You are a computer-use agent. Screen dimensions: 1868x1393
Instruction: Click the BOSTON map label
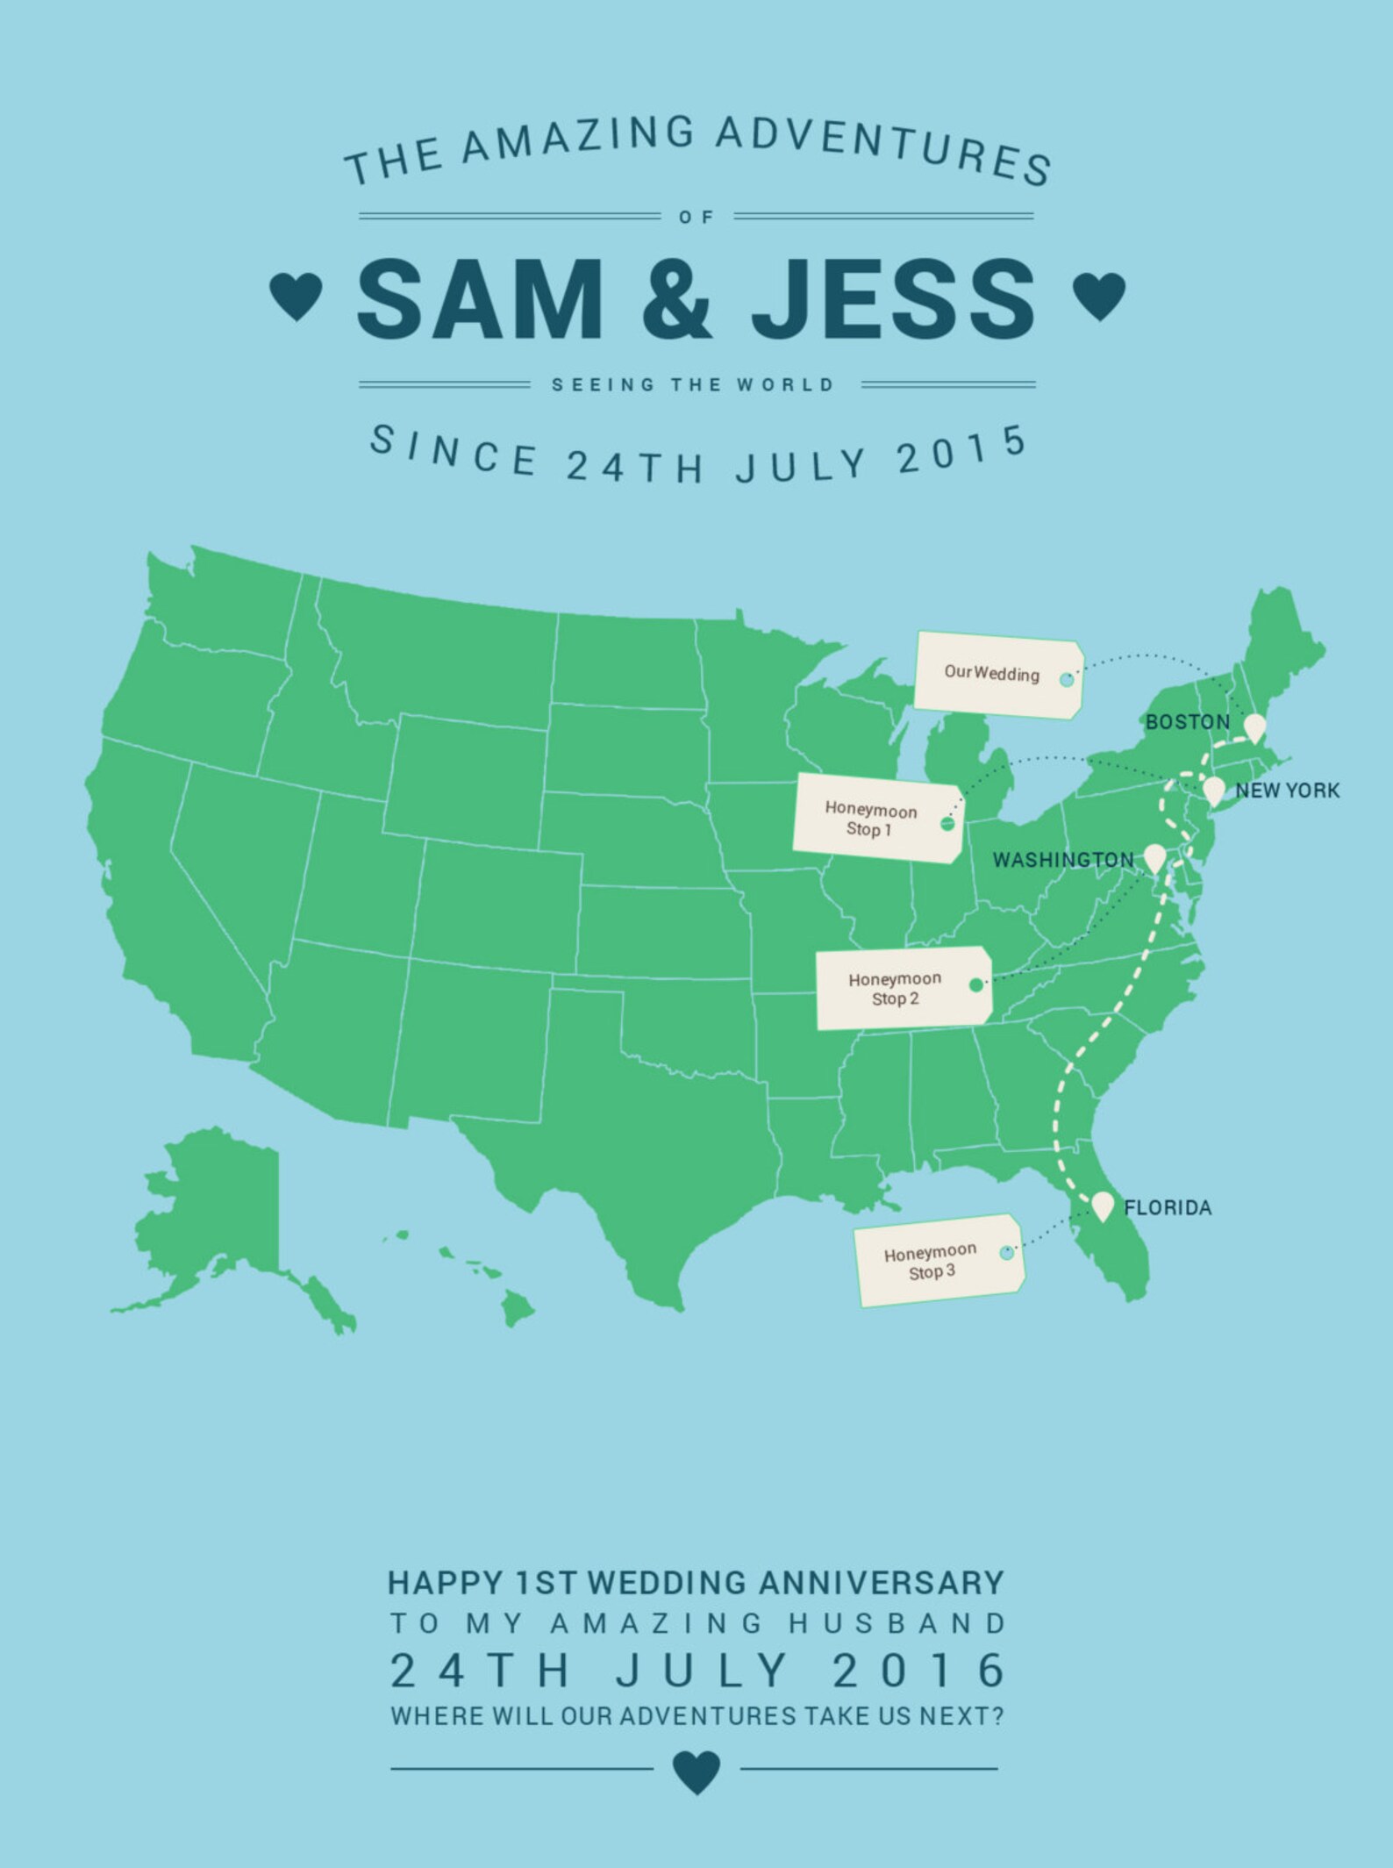point(1187,722)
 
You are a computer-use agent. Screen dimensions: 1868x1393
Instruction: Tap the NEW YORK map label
point(1287,791)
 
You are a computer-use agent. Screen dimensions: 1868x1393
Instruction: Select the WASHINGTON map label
point(1062,860)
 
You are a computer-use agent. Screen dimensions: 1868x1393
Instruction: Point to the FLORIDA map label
point(1168,1207)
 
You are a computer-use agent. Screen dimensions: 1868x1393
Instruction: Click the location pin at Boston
point(1255,727)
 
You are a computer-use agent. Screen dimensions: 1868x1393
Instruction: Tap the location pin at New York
point(1213,790)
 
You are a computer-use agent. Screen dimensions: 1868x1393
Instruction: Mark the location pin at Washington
point(1154,857)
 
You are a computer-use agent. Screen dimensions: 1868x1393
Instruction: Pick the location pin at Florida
point(1103,1206)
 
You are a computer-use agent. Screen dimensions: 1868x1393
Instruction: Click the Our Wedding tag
point(998,675)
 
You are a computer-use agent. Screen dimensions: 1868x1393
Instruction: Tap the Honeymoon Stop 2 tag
point(903,988)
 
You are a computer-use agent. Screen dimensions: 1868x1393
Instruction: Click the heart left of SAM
point(296,297)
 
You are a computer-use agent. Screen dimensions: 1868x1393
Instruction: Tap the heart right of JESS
point(1098,297)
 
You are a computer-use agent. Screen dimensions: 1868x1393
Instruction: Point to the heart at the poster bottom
point(696,1771)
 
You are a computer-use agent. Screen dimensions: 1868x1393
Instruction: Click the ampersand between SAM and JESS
point(676,298)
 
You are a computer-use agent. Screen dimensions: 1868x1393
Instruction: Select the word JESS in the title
point(893,298)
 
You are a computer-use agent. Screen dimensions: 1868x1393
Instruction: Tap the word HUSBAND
point(897,1623)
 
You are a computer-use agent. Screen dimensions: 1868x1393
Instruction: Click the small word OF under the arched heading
point(696,217)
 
